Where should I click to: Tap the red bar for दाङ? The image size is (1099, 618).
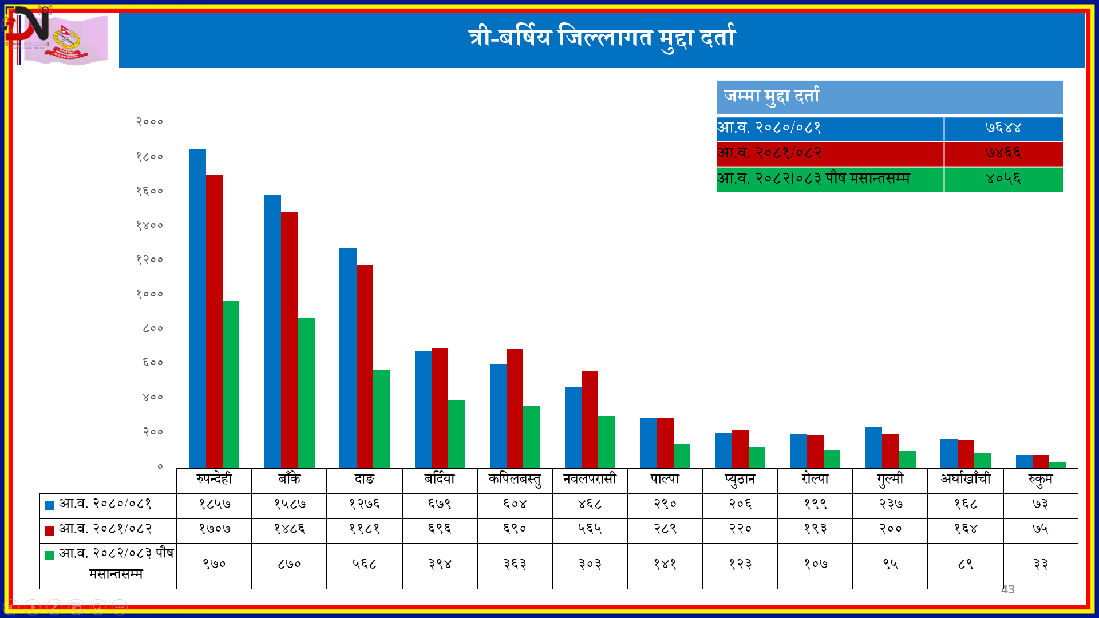365,366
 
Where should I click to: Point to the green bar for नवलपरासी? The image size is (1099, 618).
607,442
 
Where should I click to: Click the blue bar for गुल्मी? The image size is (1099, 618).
873,447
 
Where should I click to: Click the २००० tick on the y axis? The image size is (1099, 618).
149,122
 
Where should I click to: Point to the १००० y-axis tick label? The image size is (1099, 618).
149,294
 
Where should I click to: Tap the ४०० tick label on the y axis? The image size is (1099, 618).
152,397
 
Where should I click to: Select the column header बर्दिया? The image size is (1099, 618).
440,479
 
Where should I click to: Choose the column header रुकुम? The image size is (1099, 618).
1040,479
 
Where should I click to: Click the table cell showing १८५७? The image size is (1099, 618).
215,504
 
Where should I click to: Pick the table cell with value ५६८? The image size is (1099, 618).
365,564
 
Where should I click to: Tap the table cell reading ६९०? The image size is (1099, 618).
515,529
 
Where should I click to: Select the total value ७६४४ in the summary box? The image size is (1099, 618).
1003,128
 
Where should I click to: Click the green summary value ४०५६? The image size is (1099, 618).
1003,179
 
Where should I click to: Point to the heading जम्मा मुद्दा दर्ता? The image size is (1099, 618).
772,96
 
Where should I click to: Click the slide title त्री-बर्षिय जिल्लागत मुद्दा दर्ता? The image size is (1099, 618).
602,38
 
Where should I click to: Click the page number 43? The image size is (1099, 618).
1007,589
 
